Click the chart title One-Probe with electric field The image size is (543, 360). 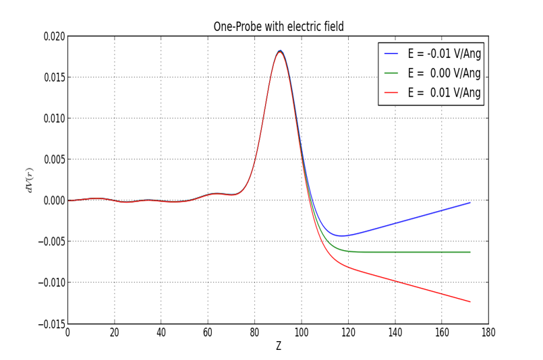(279, 27)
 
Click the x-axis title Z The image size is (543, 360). (278, 346)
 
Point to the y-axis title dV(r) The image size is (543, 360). (29, 180)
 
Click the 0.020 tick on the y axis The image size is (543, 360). (54, 36)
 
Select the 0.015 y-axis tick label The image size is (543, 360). (54, 78)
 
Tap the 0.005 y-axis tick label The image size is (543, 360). (54, 160)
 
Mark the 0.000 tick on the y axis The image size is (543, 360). (54, 200)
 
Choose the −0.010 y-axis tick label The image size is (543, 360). (51, 282)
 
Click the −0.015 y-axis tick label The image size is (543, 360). (51, 324)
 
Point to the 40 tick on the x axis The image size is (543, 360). (161, 332)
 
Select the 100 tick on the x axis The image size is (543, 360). (302, 332)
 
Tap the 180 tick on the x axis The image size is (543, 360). (488, 332)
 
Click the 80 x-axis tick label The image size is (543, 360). (254, 332)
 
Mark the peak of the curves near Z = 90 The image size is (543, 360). (280, 51)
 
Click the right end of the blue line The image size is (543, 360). (470, 202)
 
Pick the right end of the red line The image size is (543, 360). (470, 301)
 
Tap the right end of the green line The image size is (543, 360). (470, 252)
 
